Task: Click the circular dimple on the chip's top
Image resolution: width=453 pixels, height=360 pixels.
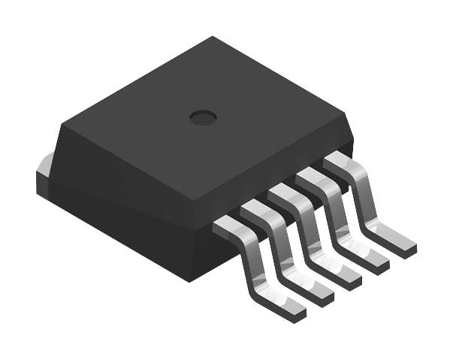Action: tap(202, 116)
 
